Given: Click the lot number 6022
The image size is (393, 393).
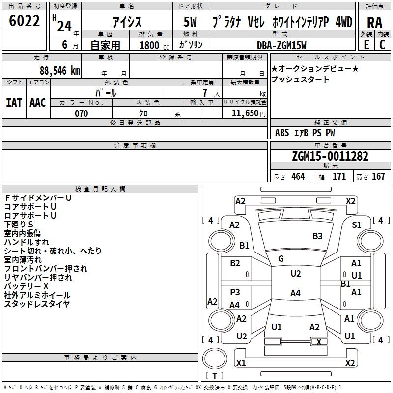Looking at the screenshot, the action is [x=24, y=21].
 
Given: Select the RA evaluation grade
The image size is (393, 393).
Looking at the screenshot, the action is [x=374, y=23].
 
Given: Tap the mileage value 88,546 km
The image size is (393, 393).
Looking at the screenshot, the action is [x=59, y=71].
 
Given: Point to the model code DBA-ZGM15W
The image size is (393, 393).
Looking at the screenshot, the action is [x=281, y=45].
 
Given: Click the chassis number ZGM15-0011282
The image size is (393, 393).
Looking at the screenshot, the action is [x=330, y=156].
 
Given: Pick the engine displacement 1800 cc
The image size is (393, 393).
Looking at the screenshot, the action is [x=154, y=45].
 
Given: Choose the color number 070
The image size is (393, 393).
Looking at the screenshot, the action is [x=81, y=113].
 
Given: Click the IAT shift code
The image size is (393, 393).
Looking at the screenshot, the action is [x=14, y=103].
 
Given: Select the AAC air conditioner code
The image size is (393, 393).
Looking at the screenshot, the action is [x=38, y=103].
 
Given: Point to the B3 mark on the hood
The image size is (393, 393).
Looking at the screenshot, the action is [x=317, y=236].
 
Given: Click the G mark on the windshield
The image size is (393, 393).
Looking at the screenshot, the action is [x=281, y=259].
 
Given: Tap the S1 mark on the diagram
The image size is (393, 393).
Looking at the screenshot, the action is [x=356, y=225].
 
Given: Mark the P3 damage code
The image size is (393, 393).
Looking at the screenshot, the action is [x=235, y=292].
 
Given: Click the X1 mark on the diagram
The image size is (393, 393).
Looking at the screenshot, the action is [x=241, y=363].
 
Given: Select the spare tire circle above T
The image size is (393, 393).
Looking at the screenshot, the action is [x=215, y=359].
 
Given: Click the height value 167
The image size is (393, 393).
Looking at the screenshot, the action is [x=378, y=176].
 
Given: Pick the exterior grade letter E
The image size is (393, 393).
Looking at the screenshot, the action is [x=366, y=45].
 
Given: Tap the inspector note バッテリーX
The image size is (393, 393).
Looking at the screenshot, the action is [x=27, y=286].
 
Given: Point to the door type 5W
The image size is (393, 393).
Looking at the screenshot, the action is [x=190, y=22].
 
